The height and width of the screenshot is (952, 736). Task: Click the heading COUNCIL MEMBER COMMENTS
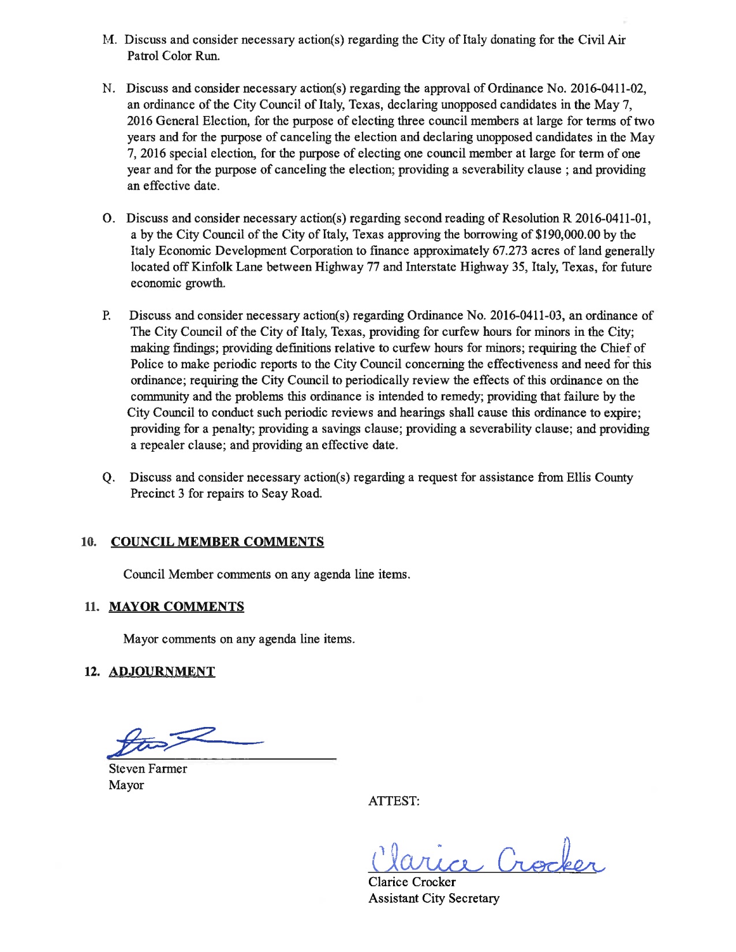pos(217,542)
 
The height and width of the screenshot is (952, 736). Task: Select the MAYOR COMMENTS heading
pos(176,606)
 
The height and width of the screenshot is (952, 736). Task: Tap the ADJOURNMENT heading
pos(162,672)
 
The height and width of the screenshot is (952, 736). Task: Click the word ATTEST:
pos(394,801)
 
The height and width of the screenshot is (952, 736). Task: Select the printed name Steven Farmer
pos(148,769)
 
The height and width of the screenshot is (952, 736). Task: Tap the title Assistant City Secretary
pos(434,898)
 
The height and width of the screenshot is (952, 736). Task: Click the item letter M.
pos(109,40)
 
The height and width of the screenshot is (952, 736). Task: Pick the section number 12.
pos(91,672)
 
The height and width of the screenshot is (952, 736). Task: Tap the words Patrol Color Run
pos(173,56)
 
